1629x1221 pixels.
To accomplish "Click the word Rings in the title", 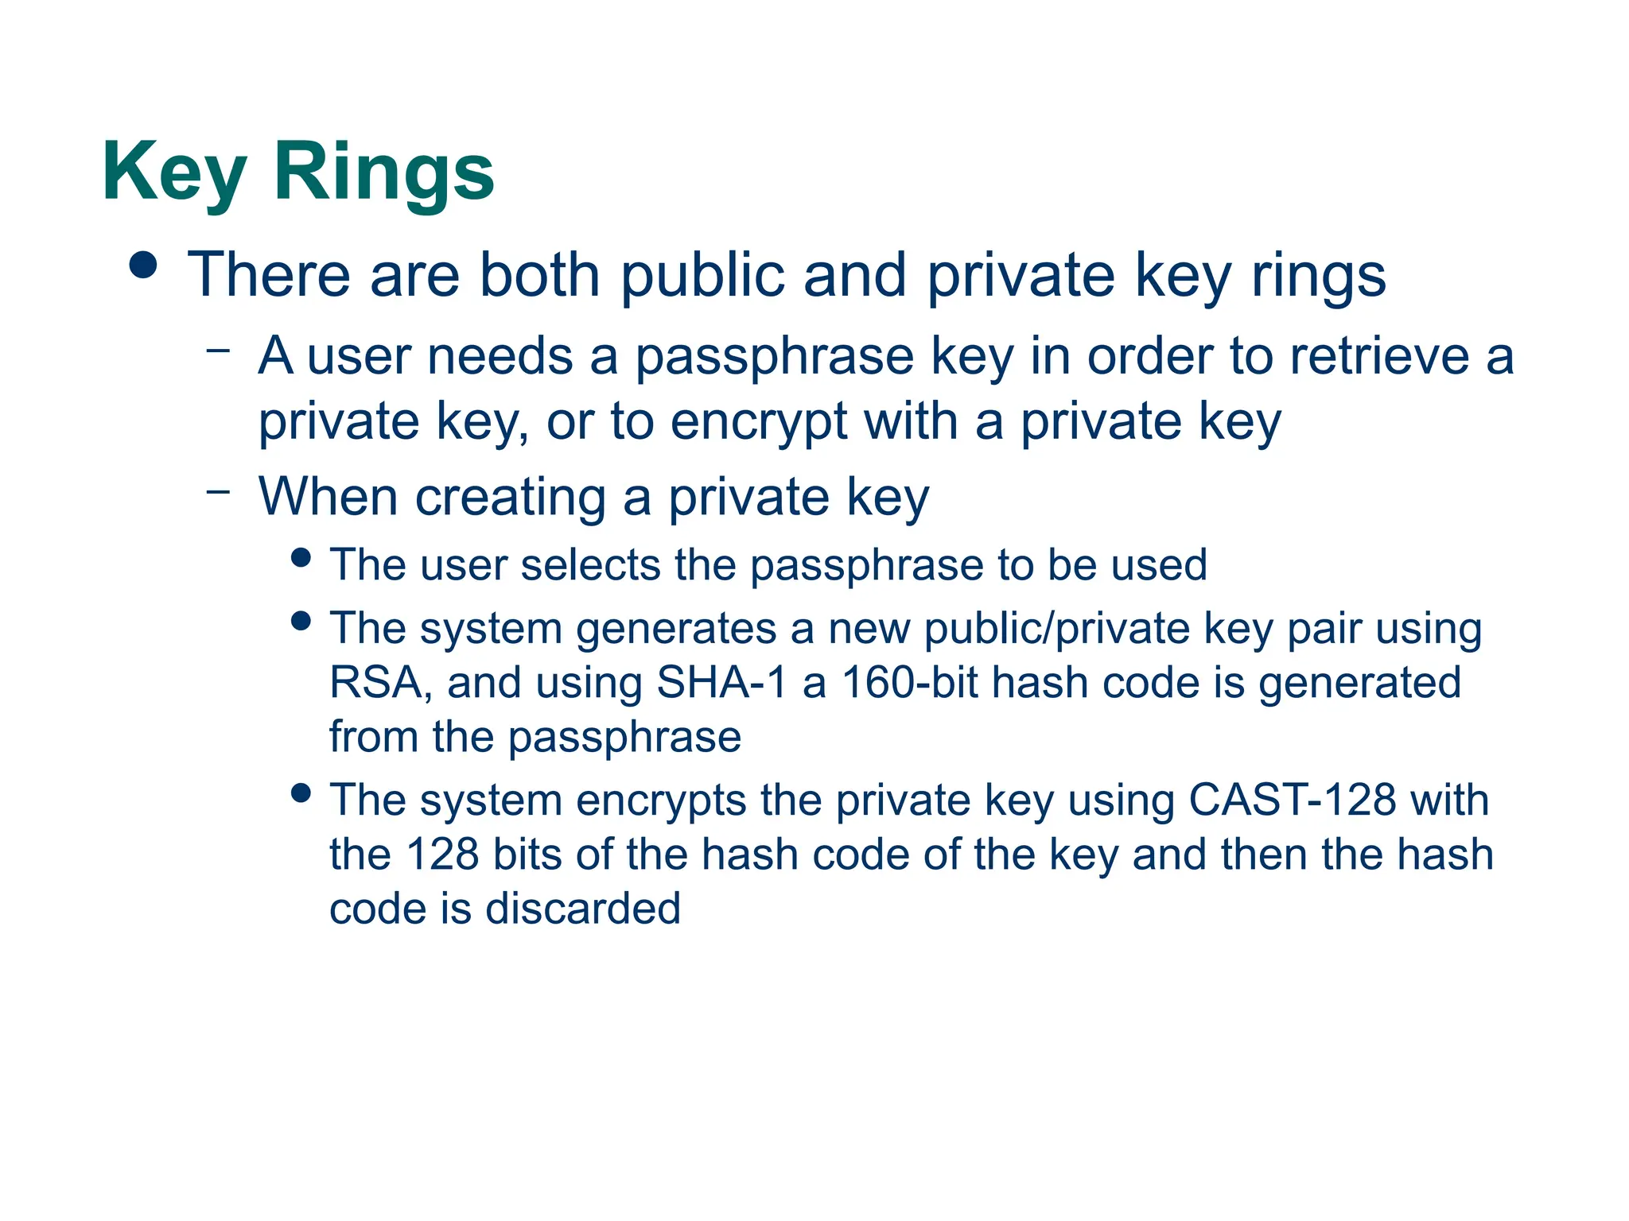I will click(384, 172).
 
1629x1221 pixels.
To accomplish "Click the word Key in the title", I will click(174, 172).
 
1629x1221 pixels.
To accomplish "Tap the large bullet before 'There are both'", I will click(143, 266).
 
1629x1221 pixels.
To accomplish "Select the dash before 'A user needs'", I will click(217, 349).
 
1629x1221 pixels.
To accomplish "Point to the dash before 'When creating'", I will click(217, 490).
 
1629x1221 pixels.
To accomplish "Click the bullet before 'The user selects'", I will click(301, 557).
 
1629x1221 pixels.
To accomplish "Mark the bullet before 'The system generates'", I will click(301, 621).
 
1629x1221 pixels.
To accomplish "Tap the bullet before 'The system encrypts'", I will click(301, 793).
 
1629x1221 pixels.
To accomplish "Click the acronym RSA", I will click(375, 683).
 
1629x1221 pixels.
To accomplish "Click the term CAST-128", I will click(1292, 800).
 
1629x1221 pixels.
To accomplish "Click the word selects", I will click(590, 565).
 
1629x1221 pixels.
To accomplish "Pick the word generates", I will click(676, 629).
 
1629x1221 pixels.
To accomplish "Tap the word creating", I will click(511, 498).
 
